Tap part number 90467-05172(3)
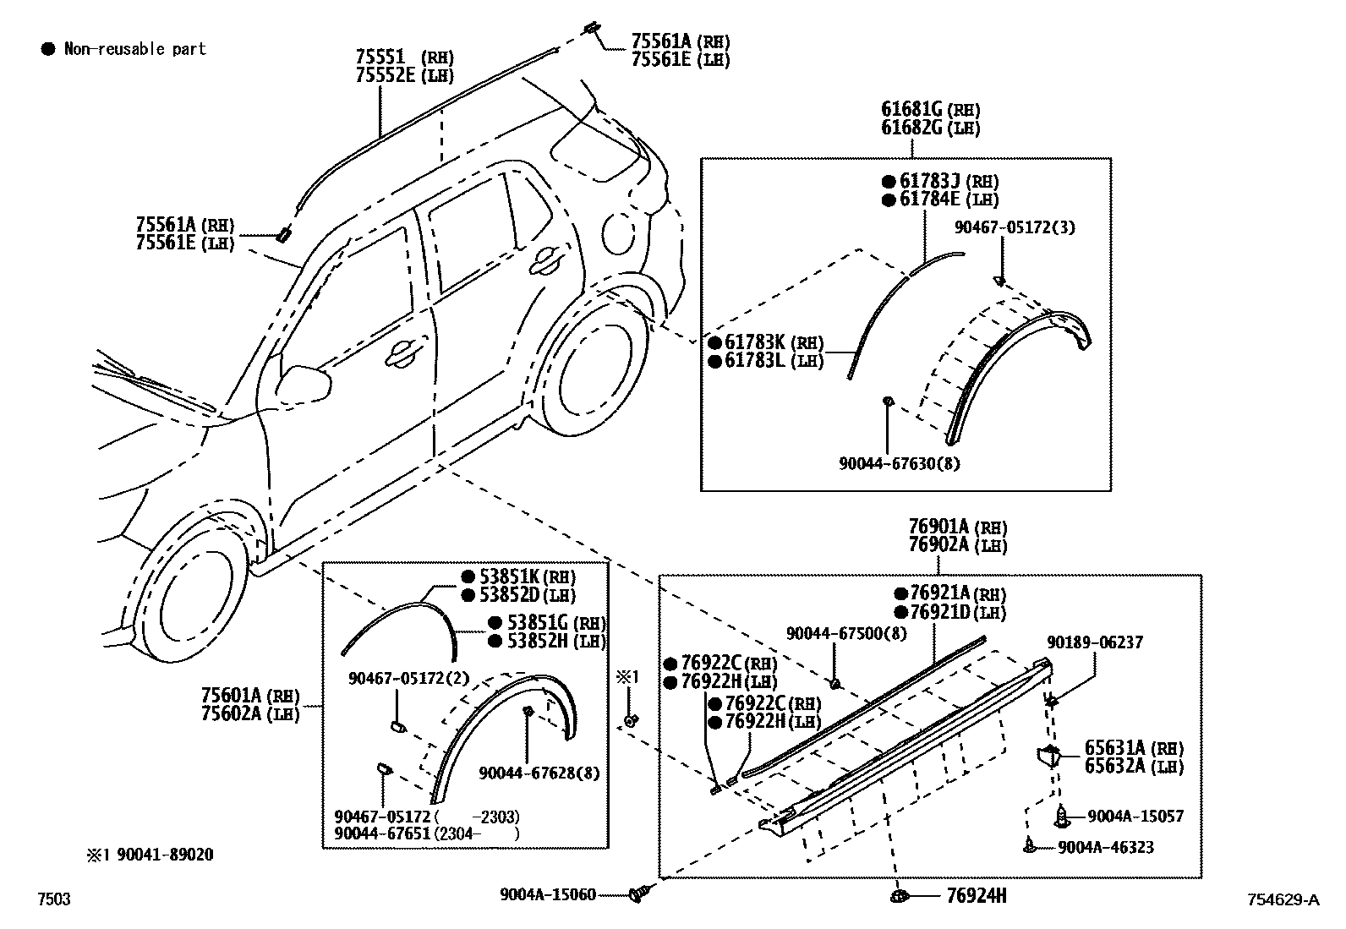[1015, 227]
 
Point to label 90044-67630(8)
[899, 463]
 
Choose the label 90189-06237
[1095, 643]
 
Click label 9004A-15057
[1135, 816]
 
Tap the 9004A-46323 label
[1105, 846]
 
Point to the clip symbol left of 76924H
[900, 895]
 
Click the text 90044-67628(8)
[538, 773]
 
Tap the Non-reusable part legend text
[134, 49]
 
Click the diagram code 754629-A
[1282, 899]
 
